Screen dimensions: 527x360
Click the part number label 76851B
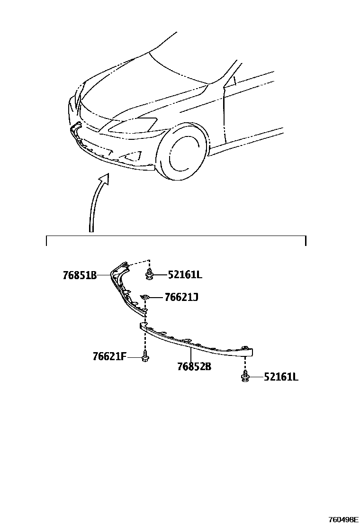pyautogui.click(x=80, y=275)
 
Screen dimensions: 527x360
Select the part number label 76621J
pyautogui.click(x=181, y=298)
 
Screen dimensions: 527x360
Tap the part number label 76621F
pyautogui.click(x=109, y=356)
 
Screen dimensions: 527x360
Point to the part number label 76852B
pyautogui.click(x=194, y=366)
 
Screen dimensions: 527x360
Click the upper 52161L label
pyautogui.click(x=185, y=275)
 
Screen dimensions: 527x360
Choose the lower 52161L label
pyautogui.click(x=281, y=377)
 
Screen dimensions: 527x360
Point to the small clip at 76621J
pyautogui.click(x=146, y=298)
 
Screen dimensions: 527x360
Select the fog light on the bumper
pyautogui.click(x=134, y=155)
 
